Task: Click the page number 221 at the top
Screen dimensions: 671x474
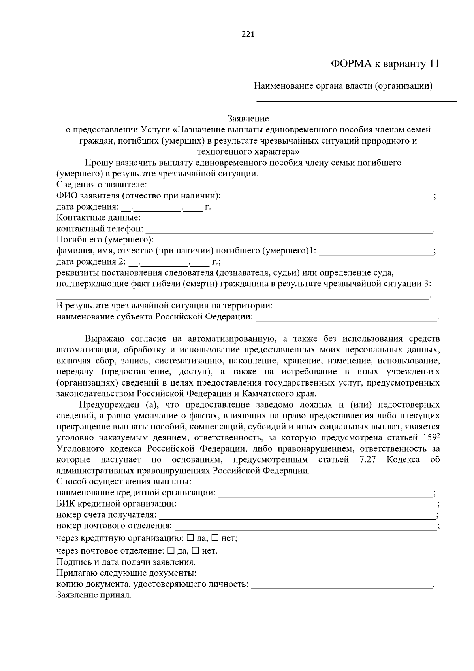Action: [x=248, y=34]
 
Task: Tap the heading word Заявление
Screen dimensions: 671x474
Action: [x=248, y=119]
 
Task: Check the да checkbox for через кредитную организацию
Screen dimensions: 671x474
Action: [x=190, y=538]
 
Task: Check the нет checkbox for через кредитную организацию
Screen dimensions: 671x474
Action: [x=215, y=538]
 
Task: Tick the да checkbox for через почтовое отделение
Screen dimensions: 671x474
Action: [x=171, y=550]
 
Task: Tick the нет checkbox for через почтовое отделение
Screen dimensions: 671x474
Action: [x=196, y=550]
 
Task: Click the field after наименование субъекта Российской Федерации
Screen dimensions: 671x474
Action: [x=346, y=318]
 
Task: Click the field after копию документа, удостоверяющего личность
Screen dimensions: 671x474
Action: [x=342, y=586]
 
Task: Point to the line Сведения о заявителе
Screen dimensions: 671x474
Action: [x=102, y=185]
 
